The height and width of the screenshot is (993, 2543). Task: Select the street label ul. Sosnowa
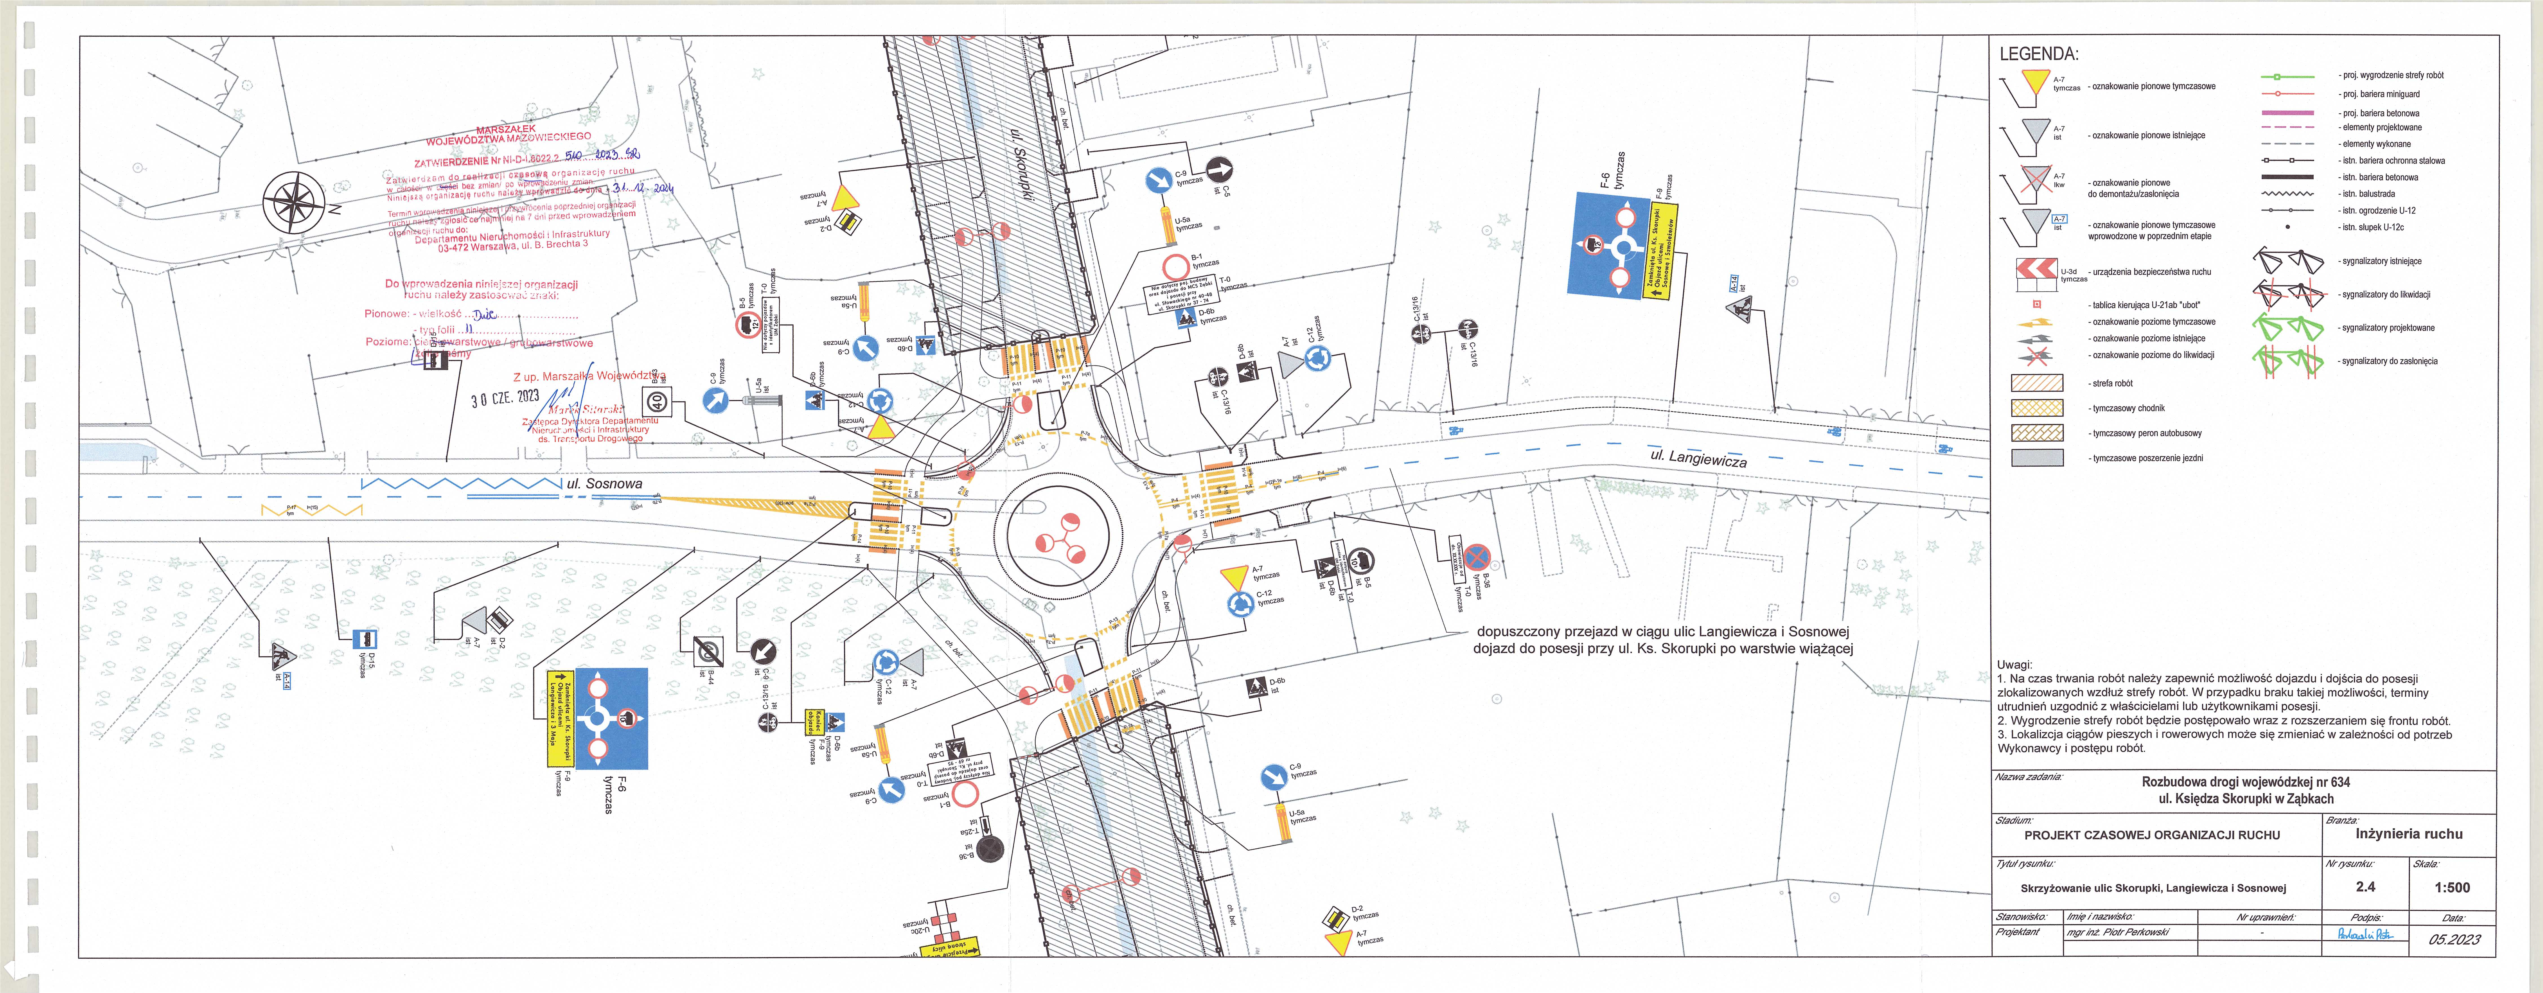(x=604, y=484)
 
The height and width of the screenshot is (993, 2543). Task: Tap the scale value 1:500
(x=2452, y=887)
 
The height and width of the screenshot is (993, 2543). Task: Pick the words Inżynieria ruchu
(x=2409, y=834)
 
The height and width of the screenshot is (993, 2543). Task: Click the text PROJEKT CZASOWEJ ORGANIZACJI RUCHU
(x=2152, y=835)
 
